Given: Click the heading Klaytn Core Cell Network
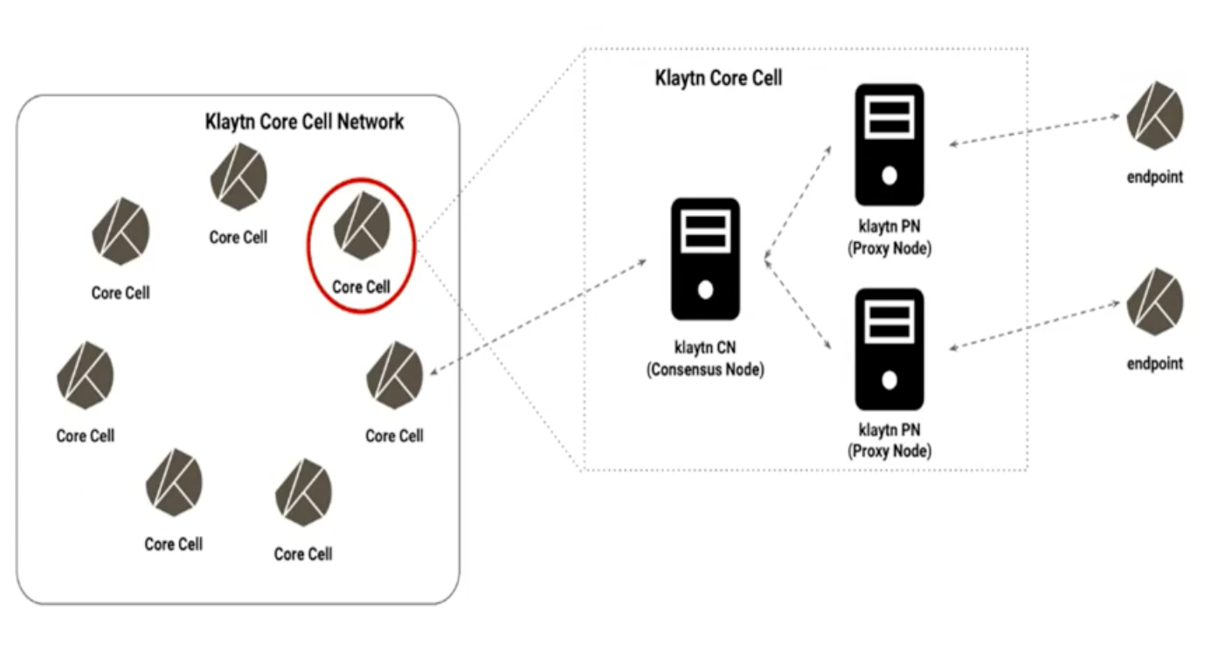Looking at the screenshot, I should [x=304, y=122].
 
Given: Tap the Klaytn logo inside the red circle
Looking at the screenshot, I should [x=361, y=226].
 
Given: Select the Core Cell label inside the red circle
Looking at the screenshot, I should [x=361, y=286].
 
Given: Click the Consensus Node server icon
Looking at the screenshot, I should [x=705, y=258].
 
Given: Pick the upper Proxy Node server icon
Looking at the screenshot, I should [x=889, y=144].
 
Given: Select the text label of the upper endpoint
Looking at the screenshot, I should [x=1155, y=177].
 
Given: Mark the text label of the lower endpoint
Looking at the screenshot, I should [x=1155, y=364].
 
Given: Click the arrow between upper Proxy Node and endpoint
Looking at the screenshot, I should [x=1035, y=130].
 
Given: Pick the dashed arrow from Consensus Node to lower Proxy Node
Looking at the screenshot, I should [x=797, y=302].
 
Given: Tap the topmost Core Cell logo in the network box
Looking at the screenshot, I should [x=238, y=178].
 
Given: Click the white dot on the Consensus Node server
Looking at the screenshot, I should [x=705, y=289].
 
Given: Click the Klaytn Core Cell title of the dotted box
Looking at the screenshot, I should [x=718, y=78].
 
